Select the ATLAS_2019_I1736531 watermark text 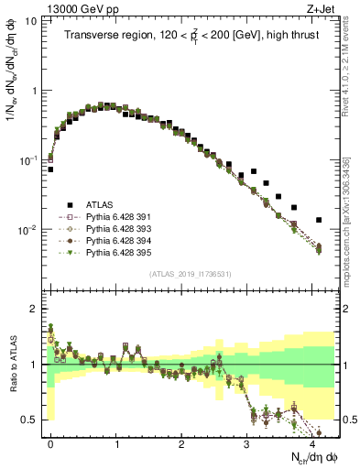click(191, 274)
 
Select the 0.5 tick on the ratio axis click(33, 420)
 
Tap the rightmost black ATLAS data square click(319, 220)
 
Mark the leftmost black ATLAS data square click(50, 169)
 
